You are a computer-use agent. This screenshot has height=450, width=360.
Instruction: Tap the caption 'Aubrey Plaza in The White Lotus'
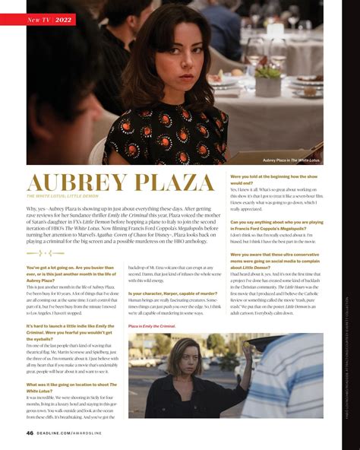pos(291,160)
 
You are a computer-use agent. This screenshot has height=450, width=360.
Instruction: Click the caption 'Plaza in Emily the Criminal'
pos(152,325)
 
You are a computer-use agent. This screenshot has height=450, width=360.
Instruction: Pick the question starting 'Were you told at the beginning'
pos(273,179)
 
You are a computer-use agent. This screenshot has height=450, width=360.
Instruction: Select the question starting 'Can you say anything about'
pos(276,225)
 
